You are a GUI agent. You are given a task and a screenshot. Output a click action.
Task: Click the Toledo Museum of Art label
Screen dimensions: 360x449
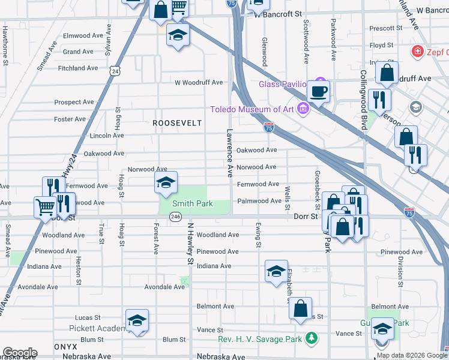pos(252,109)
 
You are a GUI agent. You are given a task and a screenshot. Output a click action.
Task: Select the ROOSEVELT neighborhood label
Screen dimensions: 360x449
pos(176,122)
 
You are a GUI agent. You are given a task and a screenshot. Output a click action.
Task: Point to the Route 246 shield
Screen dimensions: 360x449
pos(175,217)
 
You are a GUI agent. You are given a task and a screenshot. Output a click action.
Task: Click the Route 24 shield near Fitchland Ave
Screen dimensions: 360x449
pos(115,71)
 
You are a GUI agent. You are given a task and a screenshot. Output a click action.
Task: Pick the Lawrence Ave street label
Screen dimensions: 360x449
pos(229,152)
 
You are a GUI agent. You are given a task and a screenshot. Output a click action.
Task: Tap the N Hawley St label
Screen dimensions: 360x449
pos(190,244)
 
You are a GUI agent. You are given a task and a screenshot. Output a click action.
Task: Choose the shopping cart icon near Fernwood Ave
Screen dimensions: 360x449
pos(46,208)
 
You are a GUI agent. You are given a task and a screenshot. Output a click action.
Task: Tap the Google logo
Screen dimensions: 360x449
pos(19,353)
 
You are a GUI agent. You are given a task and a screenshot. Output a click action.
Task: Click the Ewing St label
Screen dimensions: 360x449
pos(258,235)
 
